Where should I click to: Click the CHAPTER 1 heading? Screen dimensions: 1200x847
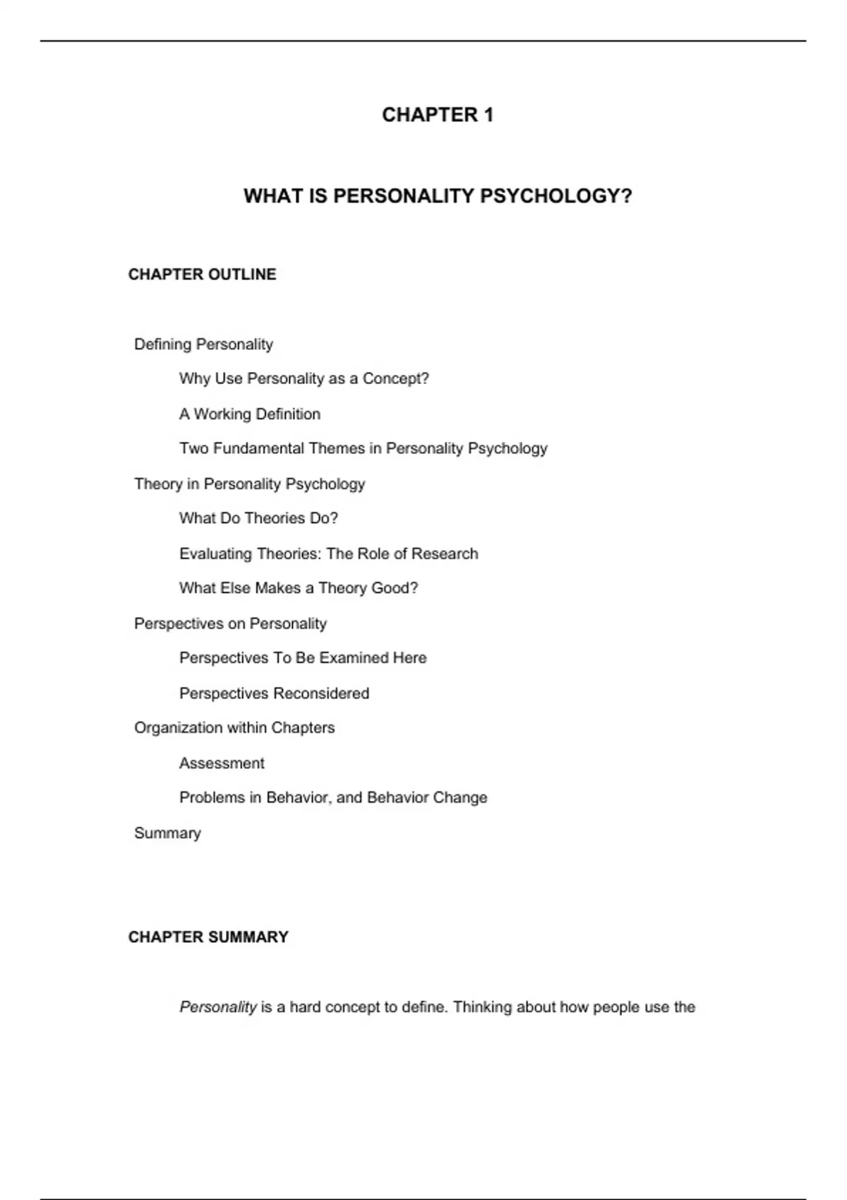437,114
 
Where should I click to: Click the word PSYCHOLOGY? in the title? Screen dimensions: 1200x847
556,196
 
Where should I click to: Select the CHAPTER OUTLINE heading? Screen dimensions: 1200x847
202,274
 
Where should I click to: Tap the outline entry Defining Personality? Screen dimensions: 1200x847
203,344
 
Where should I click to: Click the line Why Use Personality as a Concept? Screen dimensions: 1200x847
304,379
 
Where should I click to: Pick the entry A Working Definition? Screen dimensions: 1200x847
249,414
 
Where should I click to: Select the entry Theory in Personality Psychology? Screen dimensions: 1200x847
249,484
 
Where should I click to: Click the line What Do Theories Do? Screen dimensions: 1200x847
258,518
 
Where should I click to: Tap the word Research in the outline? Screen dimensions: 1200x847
445,553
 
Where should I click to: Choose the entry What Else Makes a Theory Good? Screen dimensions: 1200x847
298,588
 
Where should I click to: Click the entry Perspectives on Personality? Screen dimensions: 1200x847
230,623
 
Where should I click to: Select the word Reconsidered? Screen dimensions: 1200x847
321,693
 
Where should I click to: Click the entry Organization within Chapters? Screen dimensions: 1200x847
234,728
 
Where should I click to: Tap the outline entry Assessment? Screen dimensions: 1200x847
222,763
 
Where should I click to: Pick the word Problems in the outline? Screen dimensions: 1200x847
211,798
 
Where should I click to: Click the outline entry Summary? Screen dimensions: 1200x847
167,833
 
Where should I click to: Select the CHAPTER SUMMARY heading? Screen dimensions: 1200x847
208,937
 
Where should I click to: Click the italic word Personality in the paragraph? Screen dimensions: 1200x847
217,1007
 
